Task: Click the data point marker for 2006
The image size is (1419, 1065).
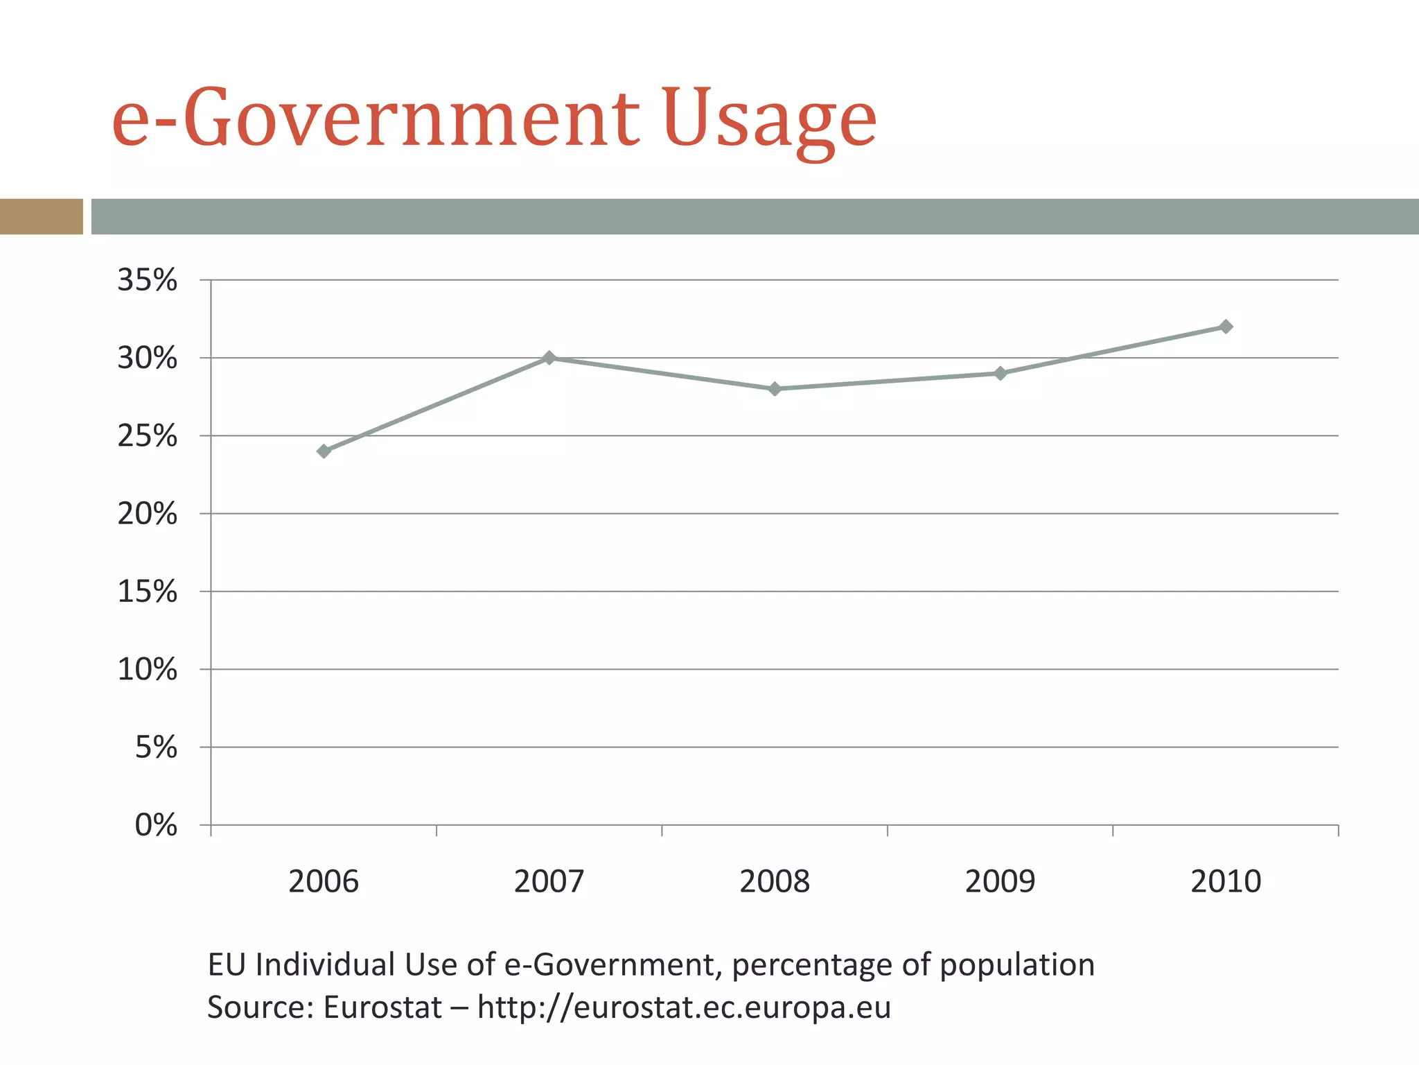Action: coord(324,451)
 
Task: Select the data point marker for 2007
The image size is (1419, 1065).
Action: coord(549,358)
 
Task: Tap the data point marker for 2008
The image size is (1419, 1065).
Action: coord(775,389)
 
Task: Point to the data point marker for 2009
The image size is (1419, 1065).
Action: coord(1000,374)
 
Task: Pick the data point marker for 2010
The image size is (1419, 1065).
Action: coord(1226,327)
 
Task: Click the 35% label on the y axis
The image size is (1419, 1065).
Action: coord(147,281)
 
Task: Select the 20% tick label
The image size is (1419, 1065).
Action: coord(147,514)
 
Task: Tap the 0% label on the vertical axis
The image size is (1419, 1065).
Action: coord(156,826)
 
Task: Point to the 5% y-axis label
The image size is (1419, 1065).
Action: coord(156,748)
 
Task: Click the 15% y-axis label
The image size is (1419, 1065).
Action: coord(147,592)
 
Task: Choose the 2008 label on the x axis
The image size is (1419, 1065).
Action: coord(775,882)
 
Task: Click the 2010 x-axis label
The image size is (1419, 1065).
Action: coord(1226,882)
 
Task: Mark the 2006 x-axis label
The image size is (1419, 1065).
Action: coord(324,882)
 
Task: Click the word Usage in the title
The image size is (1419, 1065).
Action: coord(769,119)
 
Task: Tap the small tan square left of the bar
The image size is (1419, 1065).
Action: coord(41,216)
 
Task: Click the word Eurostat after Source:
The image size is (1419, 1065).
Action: coord(382,1007)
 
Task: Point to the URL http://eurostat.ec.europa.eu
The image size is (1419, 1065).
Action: coord(684,1007)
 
